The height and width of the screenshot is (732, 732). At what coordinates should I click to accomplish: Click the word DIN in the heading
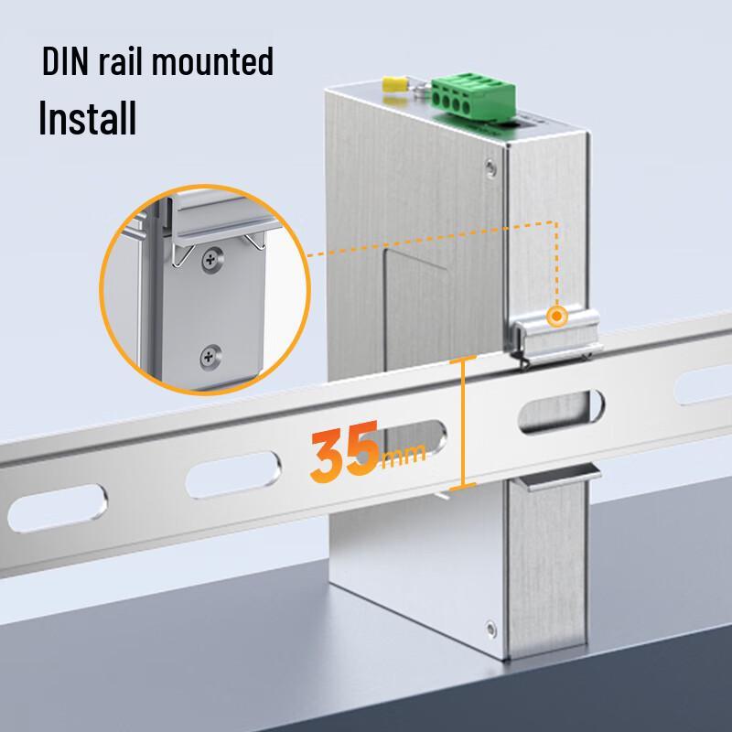click(x=65, y=61)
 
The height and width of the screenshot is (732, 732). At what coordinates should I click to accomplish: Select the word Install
click(x=88, y=117)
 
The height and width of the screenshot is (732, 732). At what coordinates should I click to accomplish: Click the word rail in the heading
click(x=120, y=61)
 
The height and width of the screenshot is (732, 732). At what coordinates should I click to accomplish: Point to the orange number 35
click(x=345, y=451)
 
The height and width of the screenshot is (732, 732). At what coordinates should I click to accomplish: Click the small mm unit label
click(x=404, y=456)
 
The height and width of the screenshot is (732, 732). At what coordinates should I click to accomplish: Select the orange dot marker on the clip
click(x=556, y=316)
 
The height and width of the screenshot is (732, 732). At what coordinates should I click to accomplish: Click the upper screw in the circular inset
click(x=213, y=259)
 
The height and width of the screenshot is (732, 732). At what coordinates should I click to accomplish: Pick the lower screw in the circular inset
click(x=211, y=357)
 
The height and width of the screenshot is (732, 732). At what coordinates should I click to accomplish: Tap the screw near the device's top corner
click(x=490, y=167)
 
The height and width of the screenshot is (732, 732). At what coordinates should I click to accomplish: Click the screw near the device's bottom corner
click(x=490, y=629)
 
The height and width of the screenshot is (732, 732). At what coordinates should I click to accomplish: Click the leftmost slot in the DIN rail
click(x=58, y=508)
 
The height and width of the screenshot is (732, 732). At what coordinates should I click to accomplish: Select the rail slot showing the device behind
click(x=561, y=411)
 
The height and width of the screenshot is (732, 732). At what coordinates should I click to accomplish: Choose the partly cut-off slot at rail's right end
click(x=704, y=383)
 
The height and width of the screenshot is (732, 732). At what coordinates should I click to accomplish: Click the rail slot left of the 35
click(x=233, y=474)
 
